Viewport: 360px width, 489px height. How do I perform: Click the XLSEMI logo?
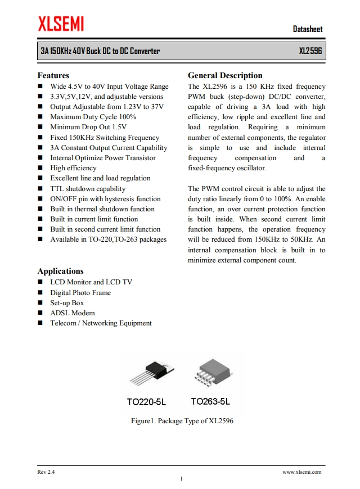[61, 24]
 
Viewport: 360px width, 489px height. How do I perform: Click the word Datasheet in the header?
[308, 29]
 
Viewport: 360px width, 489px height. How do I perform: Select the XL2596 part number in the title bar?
[310, 51]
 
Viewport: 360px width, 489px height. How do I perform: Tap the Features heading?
[53, 75]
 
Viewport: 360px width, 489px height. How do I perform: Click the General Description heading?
[225, 75]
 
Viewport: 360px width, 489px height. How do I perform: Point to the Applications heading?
[60, 271]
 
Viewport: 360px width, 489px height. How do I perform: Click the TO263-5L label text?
[210, 402]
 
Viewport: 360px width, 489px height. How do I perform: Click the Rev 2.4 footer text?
[46, 472]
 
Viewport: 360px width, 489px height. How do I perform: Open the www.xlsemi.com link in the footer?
[301, 472]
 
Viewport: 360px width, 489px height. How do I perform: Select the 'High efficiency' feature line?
[73, 168]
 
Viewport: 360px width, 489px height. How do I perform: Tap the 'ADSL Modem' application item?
[72, 313]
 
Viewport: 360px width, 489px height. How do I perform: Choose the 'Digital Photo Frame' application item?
[80, 293]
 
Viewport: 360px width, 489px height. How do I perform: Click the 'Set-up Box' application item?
[67, 303]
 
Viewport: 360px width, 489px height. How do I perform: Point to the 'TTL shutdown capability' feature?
[88, 189]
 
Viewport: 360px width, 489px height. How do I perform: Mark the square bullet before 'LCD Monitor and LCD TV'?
[40, 282]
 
